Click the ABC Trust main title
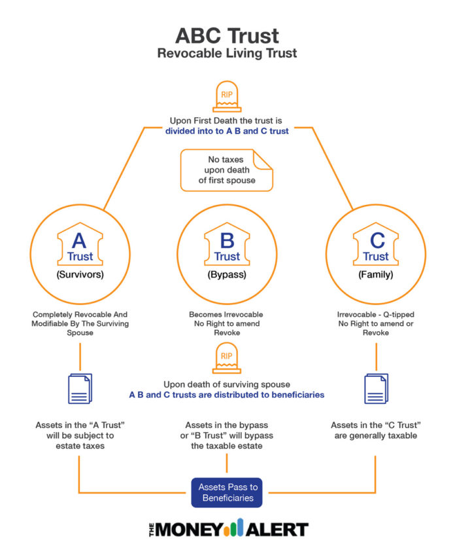point(227,35)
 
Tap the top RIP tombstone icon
point(227,98)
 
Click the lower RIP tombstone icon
point(227,359)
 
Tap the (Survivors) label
point(80,275)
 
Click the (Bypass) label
point(227,275)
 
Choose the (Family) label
point(375,275)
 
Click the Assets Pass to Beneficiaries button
point(227,492)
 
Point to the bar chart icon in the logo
point(234,528)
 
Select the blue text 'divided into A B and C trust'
point(227,130)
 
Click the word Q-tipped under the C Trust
point(398,315)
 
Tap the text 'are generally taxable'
point(375,435)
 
